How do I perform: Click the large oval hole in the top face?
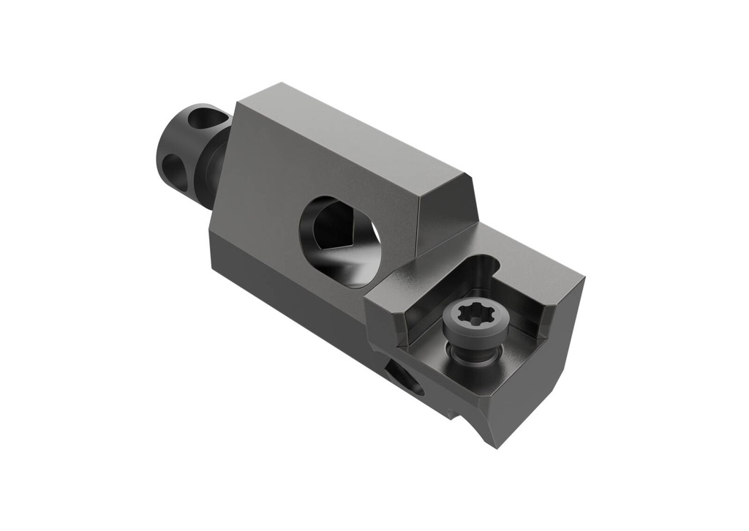(339, 241)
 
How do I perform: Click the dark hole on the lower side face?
(404, 377)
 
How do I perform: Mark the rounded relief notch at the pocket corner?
(488, 265)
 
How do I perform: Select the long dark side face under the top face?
(293, 293)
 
